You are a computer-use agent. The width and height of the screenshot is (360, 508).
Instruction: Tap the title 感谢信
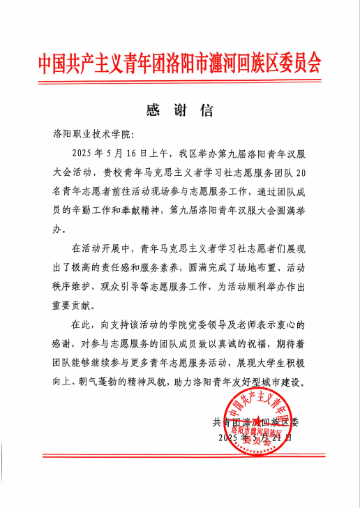click(x=179, y=110)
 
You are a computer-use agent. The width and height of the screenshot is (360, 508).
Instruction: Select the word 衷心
click(x=288, y=325)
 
